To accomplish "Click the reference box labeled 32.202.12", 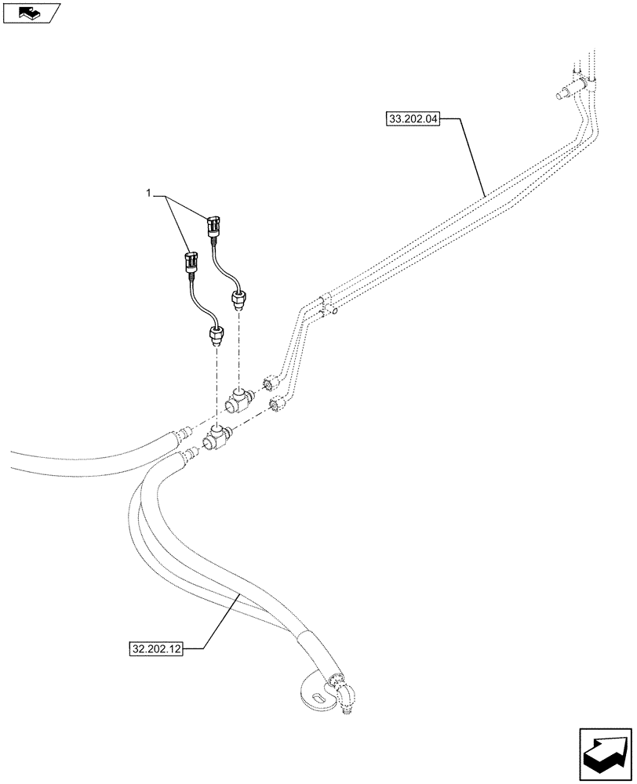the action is click(153, 648).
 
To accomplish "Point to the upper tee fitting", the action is click(237, 401).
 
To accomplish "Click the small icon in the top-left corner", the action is click(31, 13).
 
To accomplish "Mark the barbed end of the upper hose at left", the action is click(187, 430).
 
